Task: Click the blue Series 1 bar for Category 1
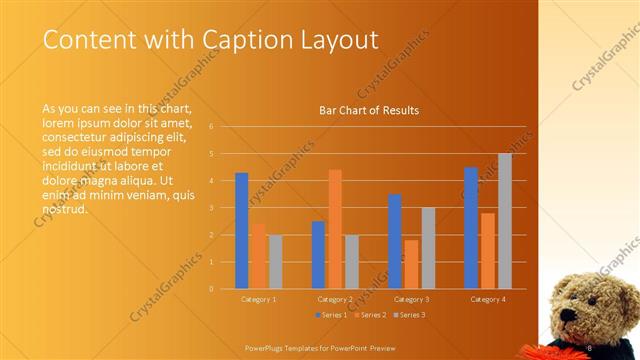point(242,231)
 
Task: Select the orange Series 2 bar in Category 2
point(335,229)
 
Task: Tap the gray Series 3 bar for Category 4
point(505,221)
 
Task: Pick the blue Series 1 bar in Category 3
point(395,241)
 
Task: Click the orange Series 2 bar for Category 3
point(412,264)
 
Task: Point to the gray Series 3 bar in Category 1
point(275,262)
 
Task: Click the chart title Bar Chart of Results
point(369,110)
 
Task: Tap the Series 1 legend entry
point(332,316)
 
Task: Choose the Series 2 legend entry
point(370,316)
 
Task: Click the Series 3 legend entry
point(409,316)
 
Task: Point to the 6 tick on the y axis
point(211,127)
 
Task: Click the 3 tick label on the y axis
point(211,208)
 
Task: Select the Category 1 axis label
point(259,299)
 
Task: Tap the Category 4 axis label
point(488,299)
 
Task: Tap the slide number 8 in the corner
point(590,347)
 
